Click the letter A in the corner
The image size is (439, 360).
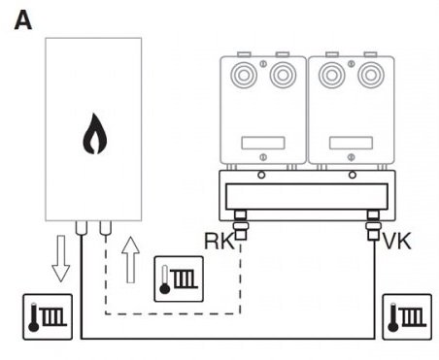pos(23,20)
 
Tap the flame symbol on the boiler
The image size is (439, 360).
pos(94,134)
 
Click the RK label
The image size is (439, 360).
pos(219,241)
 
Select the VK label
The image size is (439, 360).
pos(397,241)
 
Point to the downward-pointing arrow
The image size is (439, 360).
pos(61,258)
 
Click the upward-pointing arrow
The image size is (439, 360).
pos(130,260)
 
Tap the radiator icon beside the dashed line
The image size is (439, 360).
pos(179,279)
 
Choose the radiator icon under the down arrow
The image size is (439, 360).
pos(48,317)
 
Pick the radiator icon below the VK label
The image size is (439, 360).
pos(407,317)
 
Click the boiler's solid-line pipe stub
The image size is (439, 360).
pos(82,228)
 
